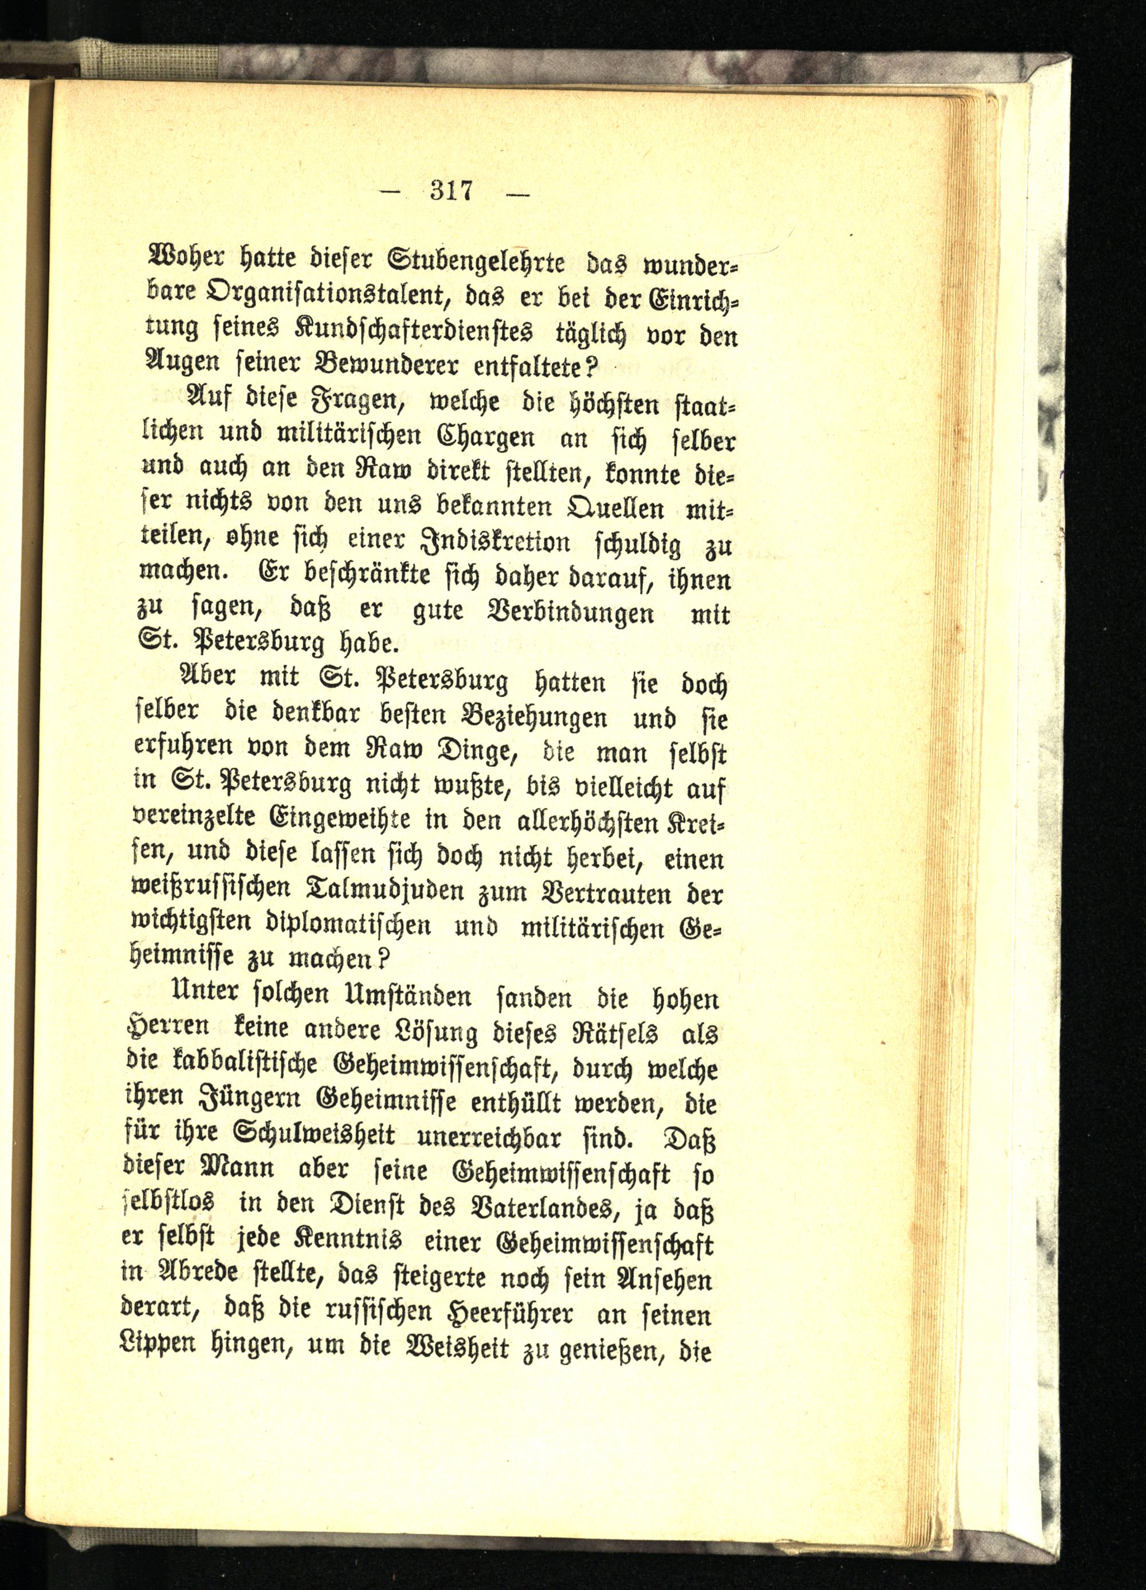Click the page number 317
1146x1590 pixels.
pyautogui.click(x=453, y=191)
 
